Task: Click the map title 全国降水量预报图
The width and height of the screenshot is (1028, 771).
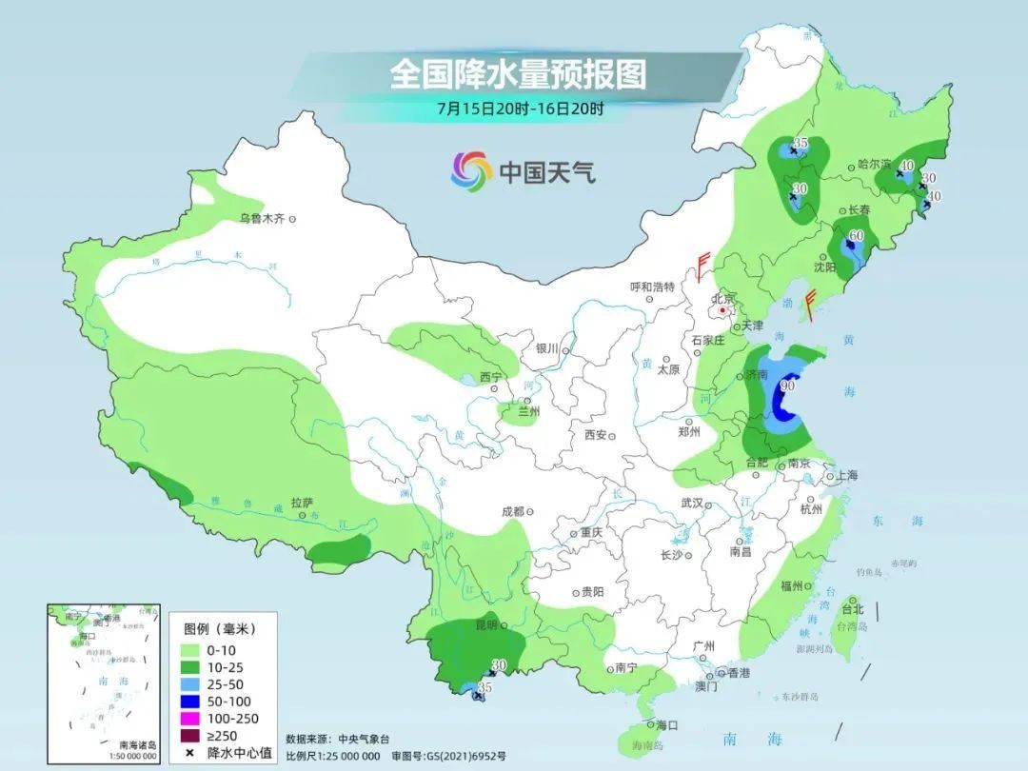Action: click(x=518, y=73)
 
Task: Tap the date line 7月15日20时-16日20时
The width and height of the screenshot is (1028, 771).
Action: click(x=520, y=109)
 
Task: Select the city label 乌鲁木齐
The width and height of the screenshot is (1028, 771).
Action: click(x=262, y=219)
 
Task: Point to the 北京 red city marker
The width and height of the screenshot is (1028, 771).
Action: click(x=723, y=309)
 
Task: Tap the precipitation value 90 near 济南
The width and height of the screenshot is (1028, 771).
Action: click(x=787, y=385)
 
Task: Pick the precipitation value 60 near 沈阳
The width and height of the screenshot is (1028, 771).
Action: click(x=856, y=236)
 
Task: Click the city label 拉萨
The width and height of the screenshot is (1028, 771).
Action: click(x=302, y=502)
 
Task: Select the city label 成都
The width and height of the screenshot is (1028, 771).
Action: click(x=512, y=511)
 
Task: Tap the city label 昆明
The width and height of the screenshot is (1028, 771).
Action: click(x=485, y=624)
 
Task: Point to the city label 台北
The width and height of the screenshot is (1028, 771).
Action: click(x=852, y=609)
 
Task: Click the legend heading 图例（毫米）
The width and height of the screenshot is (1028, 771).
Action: click(x=219, y=628)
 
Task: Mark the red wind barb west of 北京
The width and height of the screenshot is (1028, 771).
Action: click(x=703, y=267)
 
